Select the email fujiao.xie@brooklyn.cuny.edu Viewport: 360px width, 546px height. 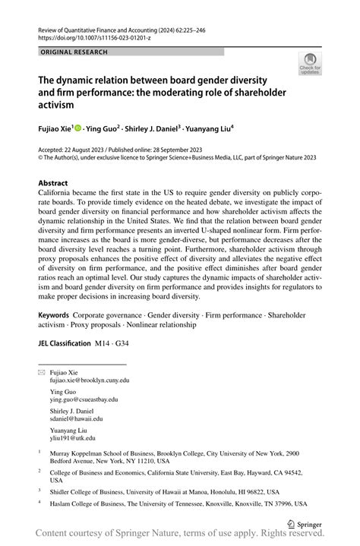coord(90,379)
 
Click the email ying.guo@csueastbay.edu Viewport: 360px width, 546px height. coord(84,399)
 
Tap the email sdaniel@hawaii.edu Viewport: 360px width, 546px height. coord(77,418)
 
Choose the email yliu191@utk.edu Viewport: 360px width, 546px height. coord(73,438)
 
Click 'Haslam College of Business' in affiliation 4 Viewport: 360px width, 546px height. coord(92,503)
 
